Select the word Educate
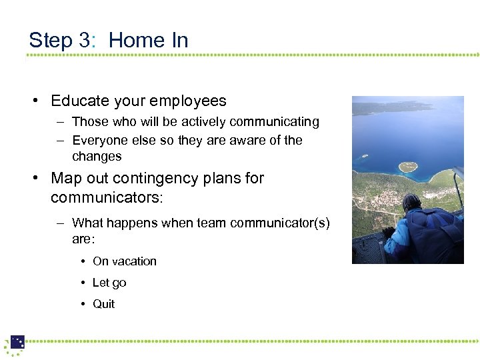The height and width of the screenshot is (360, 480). coord(79,101)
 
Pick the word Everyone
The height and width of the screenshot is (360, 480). coord(99,141)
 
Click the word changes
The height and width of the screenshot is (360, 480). coord(97,157)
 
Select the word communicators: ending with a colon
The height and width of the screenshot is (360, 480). coord(107,199)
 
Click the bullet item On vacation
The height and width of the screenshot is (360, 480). coord(125,261)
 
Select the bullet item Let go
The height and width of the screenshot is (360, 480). coord(109,283)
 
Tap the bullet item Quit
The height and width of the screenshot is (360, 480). coord(103,304)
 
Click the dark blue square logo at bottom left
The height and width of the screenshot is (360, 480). coord(17,342)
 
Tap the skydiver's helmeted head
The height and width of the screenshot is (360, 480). coord(411,202)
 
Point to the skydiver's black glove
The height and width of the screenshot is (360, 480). coord(388,233)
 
